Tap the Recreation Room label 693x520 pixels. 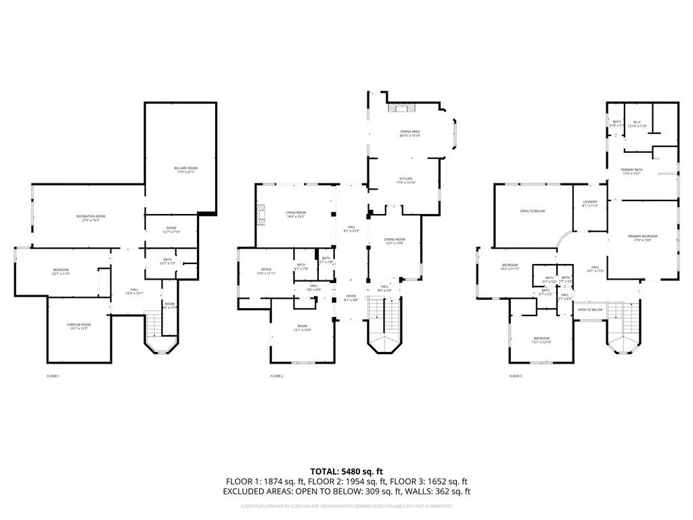coord(91,218)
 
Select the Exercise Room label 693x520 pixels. coord(79,326)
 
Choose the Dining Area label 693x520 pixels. coord(410,133)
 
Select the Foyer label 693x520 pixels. coord(351,298)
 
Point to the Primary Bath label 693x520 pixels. coord(633,171)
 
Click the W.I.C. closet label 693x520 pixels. coord(638,125)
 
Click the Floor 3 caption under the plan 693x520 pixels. coord(516,376)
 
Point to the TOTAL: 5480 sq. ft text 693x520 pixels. coord(346,471)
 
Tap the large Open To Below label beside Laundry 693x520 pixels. coord(533,211)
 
